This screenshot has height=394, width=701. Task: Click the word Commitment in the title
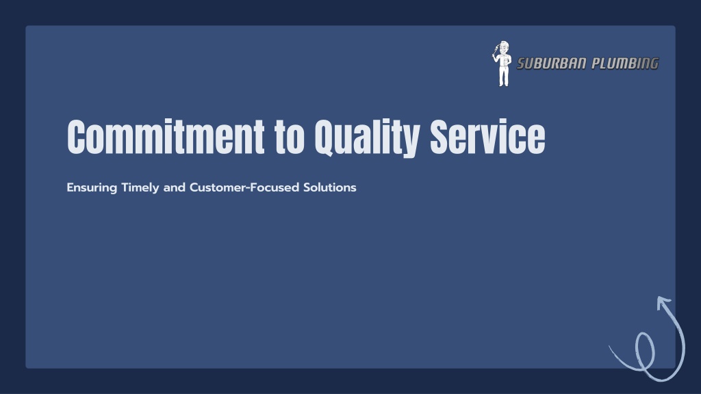point(166,136)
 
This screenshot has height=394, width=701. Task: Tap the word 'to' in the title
point(290,137)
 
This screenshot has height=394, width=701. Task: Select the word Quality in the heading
point(367,138)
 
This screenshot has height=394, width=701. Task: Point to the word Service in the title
point(487,136)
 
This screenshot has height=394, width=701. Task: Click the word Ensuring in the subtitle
point(92,187)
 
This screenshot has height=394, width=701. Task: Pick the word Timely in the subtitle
point(140,187)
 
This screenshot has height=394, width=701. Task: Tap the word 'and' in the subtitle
point(175,187)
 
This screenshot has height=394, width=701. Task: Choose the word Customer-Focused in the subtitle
point(244,187)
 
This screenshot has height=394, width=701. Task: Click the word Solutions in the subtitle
point(329,187)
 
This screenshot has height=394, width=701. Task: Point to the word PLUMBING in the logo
point(625,64)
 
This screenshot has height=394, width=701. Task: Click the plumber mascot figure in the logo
point(502,64)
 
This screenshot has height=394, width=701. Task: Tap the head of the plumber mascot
point(504,47)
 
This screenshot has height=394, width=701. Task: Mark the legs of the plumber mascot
point(504,77)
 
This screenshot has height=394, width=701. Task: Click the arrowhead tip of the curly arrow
point(659,298)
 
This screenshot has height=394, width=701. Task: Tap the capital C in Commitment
point(76,137)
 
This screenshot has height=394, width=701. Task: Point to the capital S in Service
point(439,137)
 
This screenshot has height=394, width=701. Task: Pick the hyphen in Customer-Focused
point(248,188)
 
